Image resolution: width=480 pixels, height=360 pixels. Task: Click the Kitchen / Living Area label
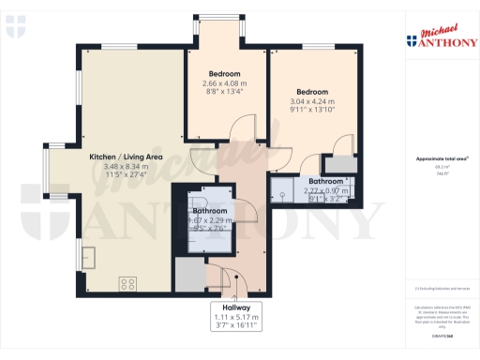point(127,157)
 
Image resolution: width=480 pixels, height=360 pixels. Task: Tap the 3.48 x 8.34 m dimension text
point(127,166)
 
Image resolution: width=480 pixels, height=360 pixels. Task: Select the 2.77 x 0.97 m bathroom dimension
point(325,191)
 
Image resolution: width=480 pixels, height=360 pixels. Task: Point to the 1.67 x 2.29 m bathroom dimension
point(211,219)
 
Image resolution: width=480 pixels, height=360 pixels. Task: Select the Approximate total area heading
point(436,158)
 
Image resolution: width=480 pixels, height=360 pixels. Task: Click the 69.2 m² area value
point(436,167)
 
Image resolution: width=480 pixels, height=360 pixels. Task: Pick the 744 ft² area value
point(436,173)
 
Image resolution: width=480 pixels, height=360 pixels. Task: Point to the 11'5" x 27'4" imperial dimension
point(127,174)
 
